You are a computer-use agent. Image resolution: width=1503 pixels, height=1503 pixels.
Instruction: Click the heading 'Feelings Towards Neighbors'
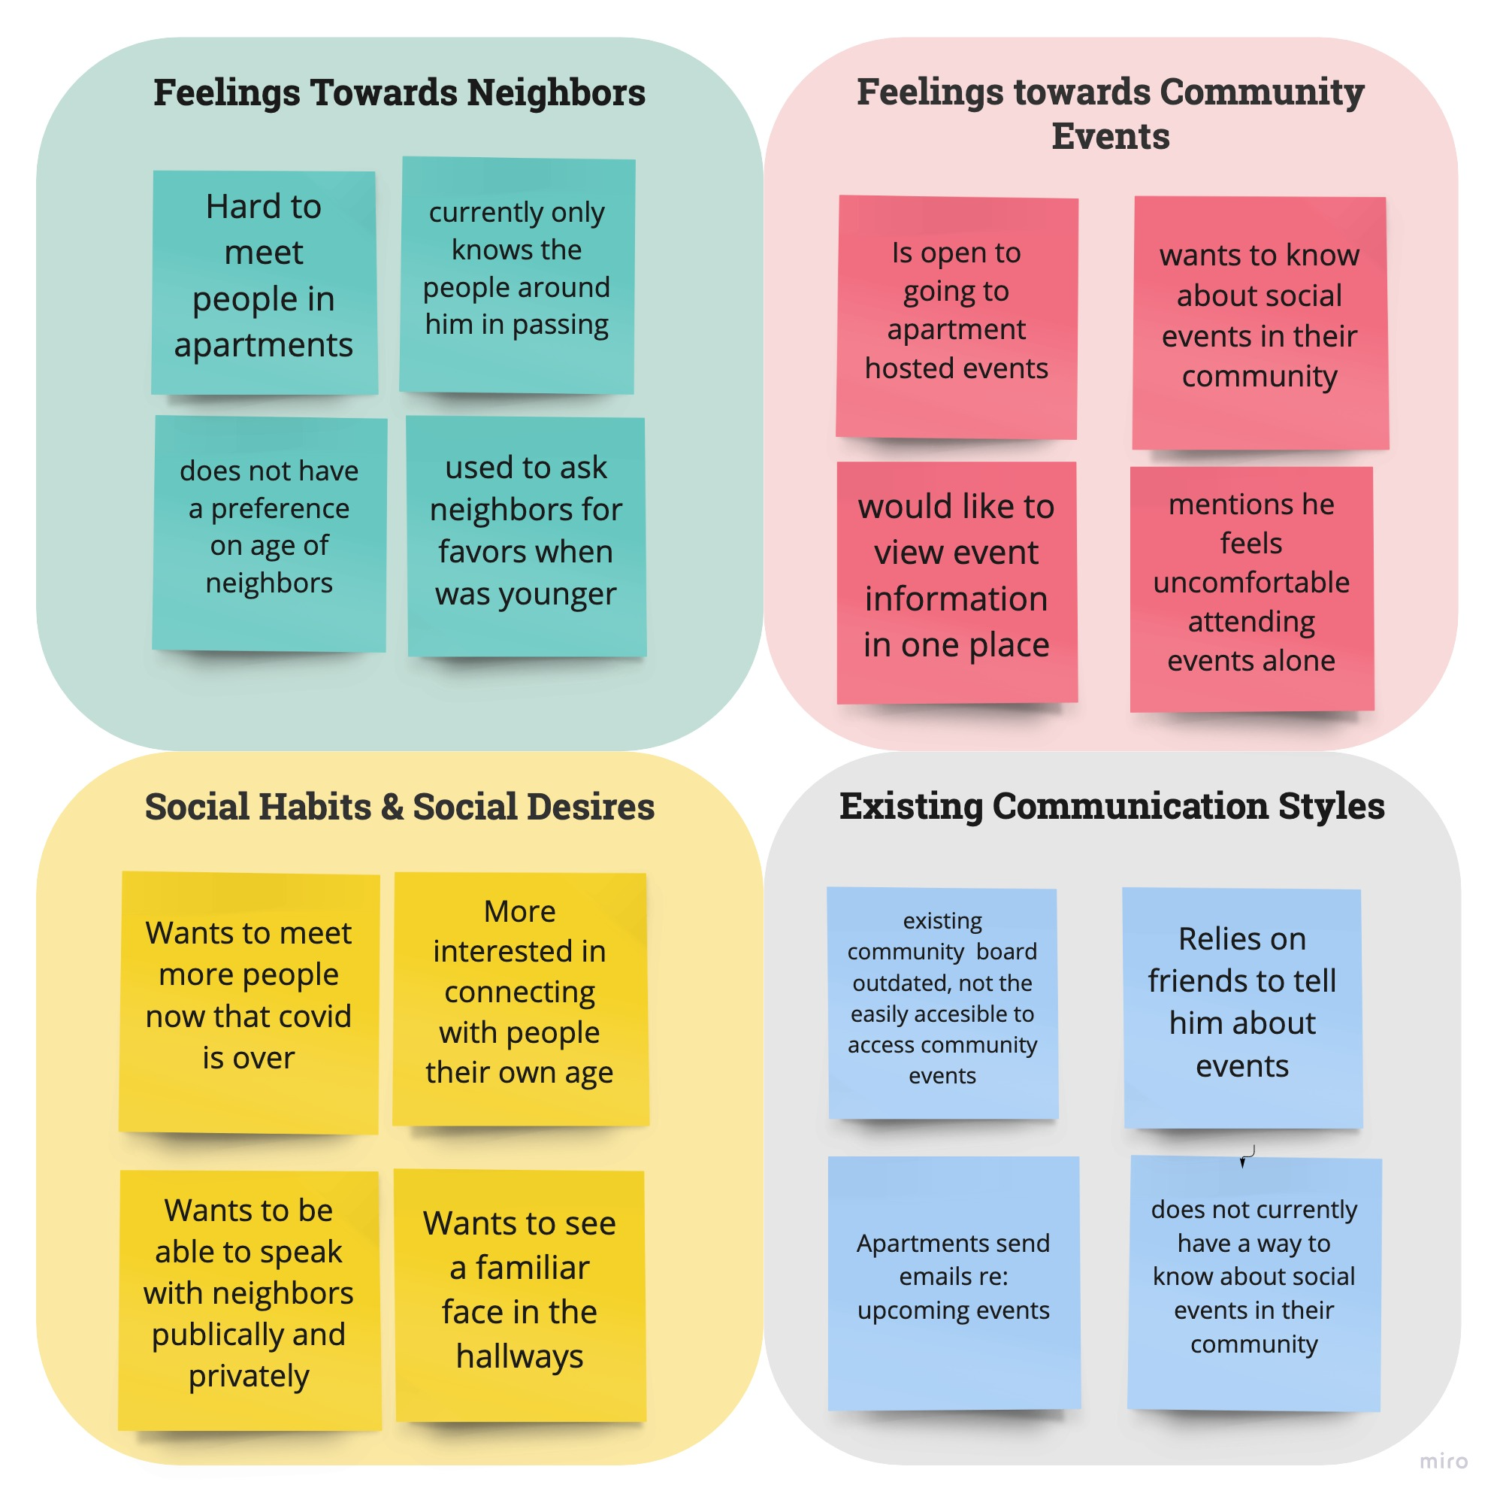[399, 92]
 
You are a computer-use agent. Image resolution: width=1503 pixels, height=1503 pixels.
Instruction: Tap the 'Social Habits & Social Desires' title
[399, 806]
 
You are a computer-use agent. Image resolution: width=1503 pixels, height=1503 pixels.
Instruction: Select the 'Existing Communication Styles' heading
[1111, 805]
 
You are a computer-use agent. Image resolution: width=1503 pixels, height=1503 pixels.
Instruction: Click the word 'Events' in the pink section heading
[1110, 137]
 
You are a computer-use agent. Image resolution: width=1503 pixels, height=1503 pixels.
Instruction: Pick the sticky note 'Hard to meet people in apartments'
[264, 282]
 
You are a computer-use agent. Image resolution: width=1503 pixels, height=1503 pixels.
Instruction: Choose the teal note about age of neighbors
[269, 533]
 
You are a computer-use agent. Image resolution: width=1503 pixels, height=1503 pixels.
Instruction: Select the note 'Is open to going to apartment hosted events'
[956, 317]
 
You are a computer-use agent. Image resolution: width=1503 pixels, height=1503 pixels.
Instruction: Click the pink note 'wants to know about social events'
[1260, 323]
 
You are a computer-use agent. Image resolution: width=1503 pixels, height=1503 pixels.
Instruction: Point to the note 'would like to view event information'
[956, 582]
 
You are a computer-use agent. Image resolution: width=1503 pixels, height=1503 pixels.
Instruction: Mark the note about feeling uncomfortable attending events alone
[1251, 589]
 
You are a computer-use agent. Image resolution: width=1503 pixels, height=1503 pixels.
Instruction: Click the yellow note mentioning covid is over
[248, 1001]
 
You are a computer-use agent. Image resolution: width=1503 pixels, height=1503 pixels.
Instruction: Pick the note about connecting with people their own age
[520, 998]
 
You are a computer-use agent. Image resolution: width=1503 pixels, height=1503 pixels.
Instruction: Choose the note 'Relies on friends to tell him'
[1242, 1008]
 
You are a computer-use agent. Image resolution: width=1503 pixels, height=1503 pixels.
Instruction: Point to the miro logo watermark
[1443, 1461]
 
